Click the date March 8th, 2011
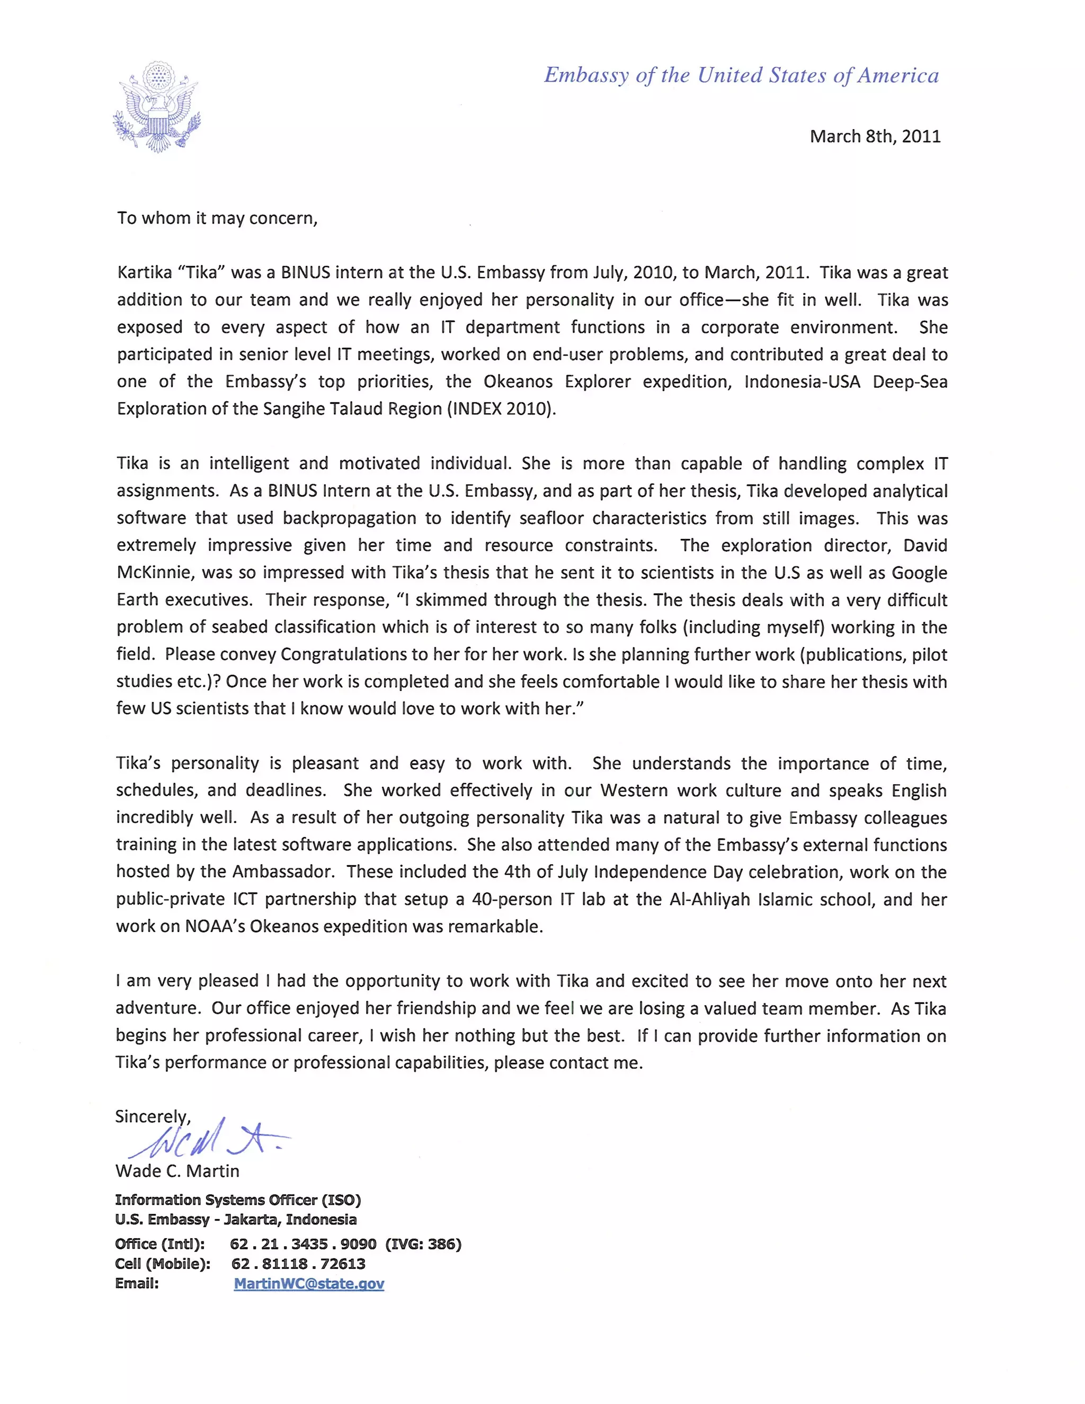pos(875,136)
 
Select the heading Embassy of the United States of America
pos(741,75)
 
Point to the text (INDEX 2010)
pos(501,409)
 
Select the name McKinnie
pos(154,572)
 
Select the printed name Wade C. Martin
pos(177,1171)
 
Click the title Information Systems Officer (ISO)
pos(238,1199)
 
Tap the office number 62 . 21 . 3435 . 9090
pos(303,1244)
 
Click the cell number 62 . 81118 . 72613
pos(298,1264)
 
